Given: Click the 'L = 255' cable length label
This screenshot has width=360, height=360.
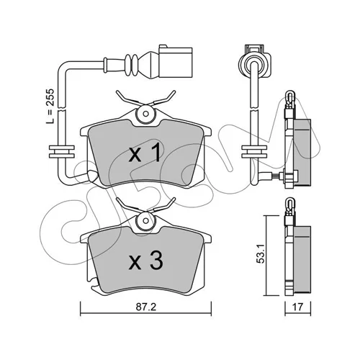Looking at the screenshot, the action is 50,107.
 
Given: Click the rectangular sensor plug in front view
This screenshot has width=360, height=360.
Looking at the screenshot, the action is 176,61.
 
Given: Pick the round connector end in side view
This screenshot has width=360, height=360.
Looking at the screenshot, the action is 254,61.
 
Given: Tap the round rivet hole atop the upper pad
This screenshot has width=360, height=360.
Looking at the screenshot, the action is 145,114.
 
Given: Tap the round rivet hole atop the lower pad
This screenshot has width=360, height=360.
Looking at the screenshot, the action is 145,220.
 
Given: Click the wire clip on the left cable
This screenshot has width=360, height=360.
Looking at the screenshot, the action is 62,152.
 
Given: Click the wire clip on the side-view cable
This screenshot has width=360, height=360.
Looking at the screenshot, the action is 254,152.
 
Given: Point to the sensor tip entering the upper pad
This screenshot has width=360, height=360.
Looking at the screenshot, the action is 93,176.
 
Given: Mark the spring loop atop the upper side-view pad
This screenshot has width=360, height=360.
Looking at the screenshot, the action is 290,95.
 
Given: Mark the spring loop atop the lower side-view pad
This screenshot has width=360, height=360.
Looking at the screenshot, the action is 290,203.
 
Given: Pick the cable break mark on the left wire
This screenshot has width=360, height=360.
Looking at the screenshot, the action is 62,110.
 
